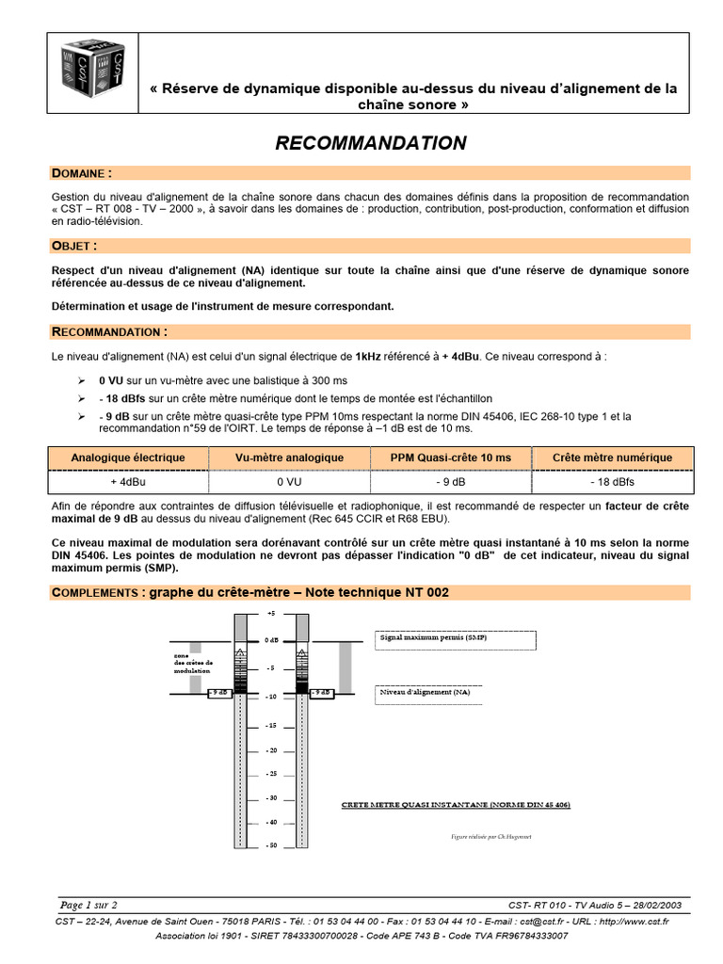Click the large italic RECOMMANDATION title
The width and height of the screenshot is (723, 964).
[370, 143]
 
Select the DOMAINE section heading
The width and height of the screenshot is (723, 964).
[82, 173]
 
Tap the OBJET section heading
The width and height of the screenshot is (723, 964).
[74, 246]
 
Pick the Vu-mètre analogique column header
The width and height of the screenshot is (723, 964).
[289, 458]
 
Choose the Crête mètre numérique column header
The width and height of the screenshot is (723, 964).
[612, 458]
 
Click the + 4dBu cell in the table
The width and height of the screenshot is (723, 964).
[127, 481]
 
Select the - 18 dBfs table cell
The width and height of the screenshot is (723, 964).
[612, 481]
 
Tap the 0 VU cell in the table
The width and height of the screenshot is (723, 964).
[289, 481]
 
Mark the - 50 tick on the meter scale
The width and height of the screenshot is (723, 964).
[271, 845]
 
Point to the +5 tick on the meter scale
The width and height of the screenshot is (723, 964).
[271, 613]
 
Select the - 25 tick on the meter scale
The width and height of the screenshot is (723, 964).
[271, 774]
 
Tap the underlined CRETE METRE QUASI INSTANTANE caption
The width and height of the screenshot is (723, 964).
[455, 805]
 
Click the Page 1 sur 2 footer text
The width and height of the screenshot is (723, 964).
[88, 904]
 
